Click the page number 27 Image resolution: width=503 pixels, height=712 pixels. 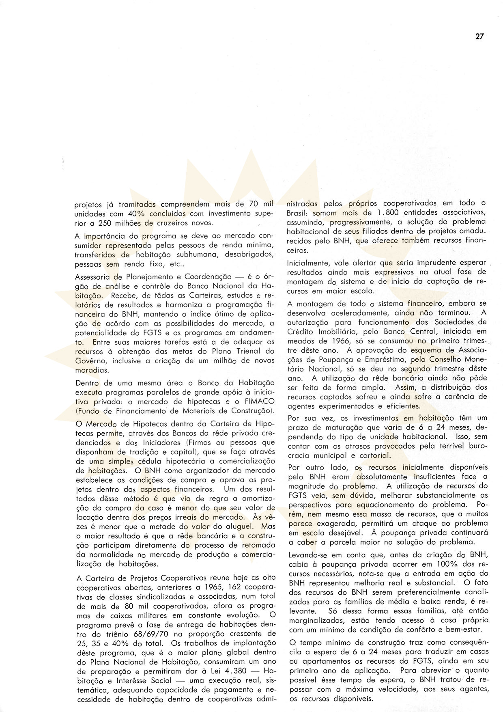click(x=479, y=36)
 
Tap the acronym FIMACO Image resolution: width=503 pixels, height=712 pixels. click(x=259, y=401)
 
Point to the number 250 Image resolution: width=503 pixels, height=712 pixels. click(x=105, y=223)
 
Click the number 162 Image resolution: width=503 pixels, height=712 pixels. click(x=236, y=587)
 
